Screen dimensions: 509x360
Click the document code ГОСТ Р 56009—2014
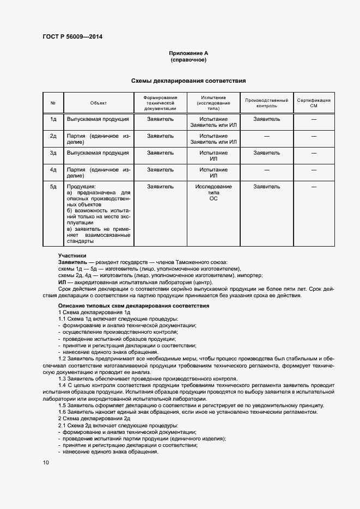click(x=72, y=37)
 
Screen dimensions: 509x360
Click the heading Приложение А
click(x=188, y=53)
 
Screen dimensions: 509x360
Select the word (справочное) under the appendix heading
click(x=188, y=59)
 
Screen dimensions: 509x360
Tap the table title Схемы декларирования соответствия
click(x=188, y=81)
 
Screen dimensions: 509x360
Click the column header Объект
click(x=99, y=102)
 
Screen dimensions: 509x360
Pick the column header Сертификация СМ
click(x=314, y=103)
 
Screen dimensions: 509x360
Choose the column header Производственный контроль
click(x=267, y=103)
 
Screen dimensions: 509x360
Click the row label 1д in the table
click(x=53, y=119)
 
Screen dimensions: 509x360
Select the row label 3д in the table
click(x=53, y=153)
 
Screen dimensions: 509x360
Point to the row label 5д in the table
click(x=53, y=187)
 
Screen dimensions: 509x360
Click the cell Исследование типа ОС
click(x=213, y=193)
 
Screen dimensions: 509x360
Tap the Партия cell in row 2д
click(x=99, y=139)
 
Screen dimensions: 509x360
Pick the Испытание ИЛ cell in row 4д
click(x=213, y=173)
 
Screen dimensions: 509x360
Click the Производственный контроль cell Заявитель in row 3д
click(x=267, y=153)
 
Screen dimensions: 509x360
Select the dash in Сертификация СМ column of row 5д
click(x=314, y=187)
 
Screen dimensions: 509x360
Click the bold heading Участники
click(x=72, y=256)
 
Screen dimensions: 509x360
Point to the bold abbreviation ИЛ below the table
click(x=62, y=283)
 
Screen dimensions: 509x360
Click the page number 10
click(x=46, y=462)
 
